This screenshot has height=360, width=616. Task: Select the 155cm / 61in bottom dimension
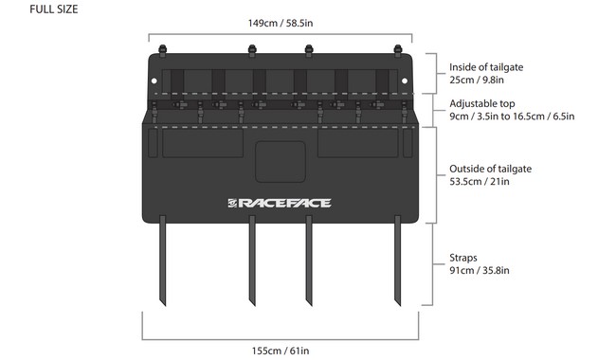click(281, 351)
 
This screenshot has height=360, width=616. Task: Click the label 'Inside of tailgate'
click(486, 66)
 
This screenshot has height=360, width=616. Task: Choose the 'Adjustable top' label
click(481, 103)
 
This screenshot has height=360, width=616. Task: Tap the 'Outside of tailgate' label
click(490, 169)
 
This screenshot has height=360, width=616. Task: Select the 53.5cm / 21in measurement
click(480, 182)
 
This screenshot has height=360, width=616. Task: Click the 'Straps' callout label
click(463, 257)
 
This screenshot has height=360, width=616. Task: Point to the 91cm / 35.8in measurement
click(480, 270)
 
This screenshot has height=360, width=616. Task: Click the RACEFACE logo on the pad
click(279, 202)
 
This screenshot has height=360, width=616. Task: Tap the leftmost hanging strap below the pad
click(165, 261)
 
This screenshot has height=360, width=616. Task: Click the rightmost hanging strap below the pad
click(397, 261)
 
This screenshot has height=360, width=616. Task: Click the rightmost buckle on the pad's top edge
click(397, 45)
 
